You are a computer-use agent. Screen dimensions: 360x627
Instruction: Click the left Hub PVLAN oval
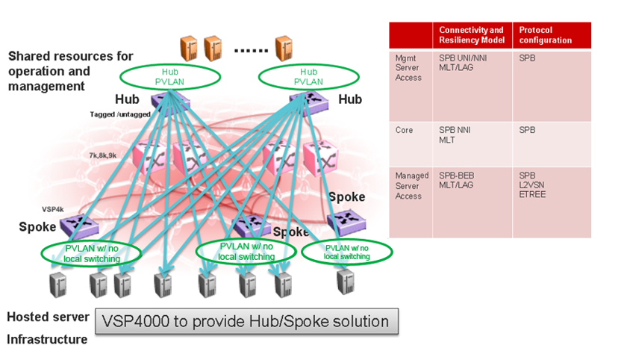coord(172,75)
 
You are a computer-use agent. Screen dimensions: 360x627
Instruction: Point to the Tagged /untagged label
coord(119,114)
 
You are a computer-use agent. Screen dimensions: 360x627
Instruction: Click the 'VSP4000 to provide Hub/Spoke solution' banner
coord(246,322)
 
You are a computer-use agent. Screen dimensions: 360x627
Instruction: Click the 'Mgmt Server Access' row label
coord(408,66)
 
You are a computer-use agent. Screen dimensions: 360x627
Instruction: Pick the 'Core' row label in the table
coord(404,130)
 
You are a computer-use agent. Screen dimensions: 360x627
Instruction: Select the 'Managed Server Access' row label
coord(411,186)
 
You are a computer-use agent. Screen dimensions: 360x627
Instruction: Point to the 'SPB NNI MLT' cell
coord(455,134)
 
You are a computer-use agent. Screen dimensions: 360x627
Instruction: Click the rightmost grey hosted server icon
coord(345,282)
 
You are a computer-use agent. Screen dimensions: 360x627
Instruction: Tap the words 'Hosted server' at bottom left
coord(49,317)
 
